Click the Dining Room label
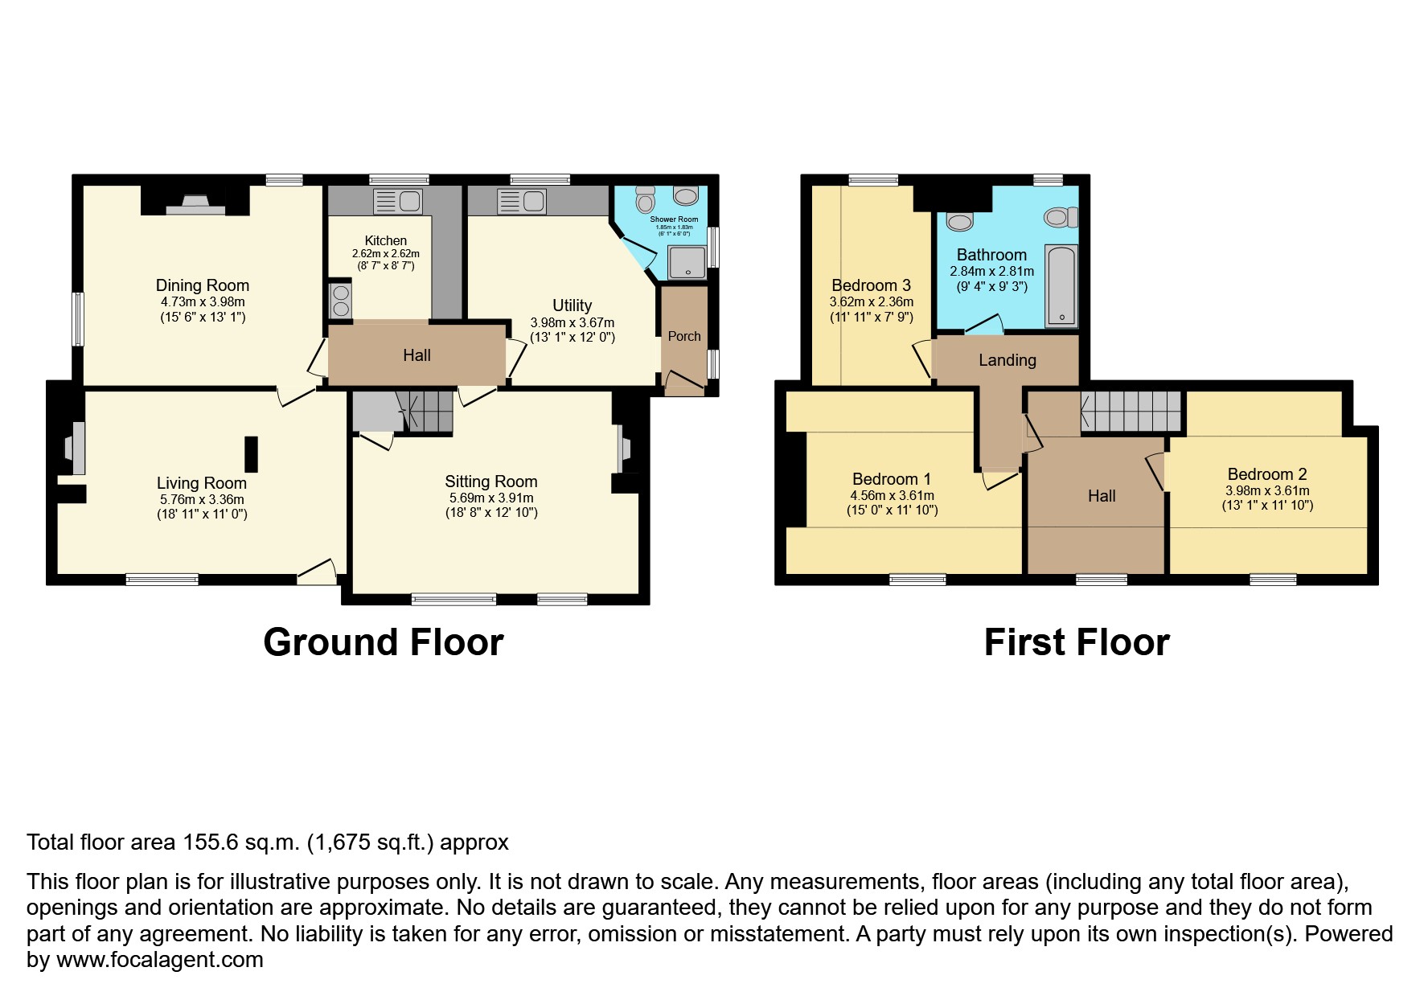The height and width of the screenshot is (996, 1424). [x=202, y=285]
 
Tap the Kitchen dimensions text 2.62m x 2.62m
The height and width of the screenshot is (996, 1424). [x=385, y=253]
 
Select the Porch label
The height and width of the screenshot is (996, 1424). [x=684, y=336]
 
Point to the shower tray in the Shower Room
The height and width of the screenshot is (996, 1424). [x=687, y=262]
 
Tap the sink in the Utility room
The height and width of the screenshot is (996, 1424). [x=521, y=200]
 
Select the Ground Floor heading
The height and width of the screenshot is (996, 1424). [x=383, y=642]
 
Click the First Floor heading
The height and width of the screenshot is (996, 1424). [x=1076, y=642]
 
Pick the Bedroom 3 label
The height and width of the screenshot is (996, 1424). [x=871, y=285]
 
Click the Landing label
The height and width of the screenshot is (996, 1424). [x=1007, y=360]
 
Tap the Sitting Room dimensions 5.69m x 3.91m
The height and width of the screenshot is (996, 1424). [x=490, y=498]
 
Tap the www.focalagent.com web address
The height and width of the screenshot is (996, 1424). [x=159, y=960]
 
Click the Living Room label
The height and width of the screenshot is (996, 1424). [x=201, y=483]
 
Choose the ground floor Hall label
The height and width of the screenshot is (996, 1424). [x=417, y=355]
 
